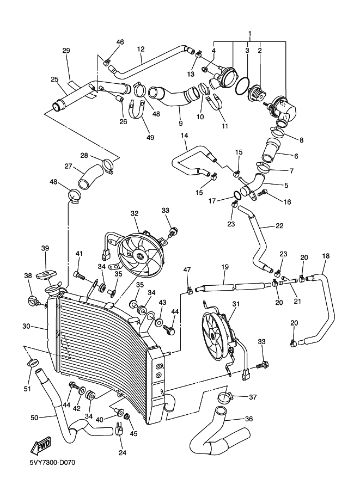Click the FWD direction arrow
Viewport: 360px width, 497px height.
coord(41,446)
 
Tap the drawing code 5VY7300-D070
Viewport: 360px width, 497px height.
coord(52,463)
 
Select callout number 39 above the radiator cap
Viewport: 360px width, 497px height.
coord(45,248)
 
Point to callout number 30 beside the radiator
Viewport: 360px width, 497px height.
coord(26,327)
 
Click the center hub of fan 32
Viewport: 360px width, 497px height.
coord(141,255)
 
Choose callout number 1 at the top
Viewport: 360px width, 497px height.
coord(249,34)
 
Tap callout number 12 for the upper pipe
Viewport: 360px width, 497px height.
coord(140,49)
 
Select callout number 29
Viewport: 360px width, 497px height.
coord(66,51)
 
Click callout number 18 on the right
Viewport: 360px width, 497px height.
coord(326,255)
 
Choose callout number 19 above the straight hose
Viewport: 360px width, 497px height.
coord(224,267)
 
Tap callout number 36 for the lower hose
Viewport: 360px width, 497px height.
coord(248,419)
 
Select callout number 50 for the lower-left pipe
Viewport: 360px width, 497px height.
coord(34,418)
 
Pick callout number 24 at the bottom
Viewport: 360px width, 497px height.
coord(122,452)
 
